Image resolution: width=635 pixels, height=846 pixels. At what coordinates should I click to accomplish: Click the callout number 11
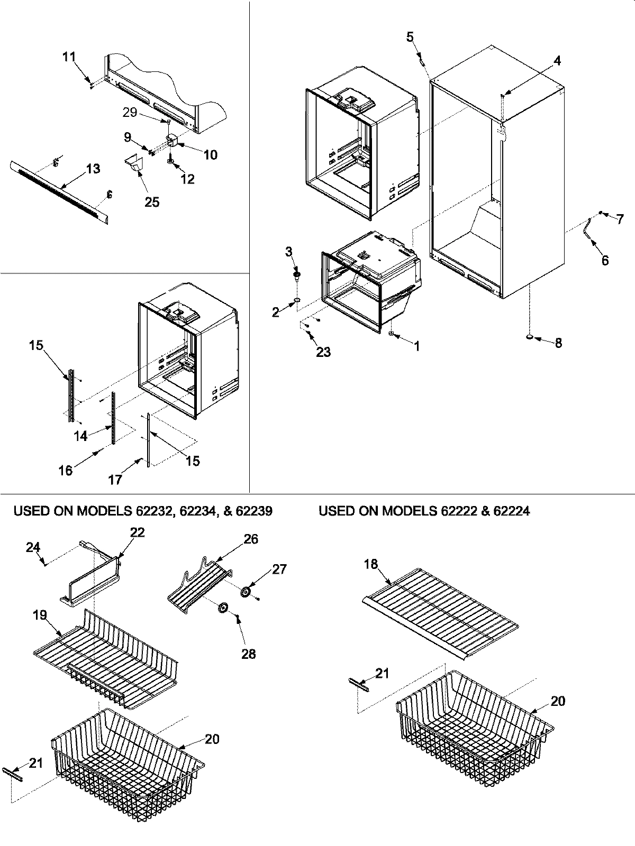pos(69,57)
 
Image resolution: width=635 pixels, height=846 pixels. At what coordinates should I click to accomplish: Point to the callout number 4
pos(557,61)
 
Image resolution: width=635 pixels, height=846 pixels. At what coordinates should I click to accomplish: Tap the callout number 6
pos(605,260)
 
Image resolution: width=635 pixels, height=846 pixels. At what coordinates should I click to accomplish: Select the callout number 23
pos(323,352)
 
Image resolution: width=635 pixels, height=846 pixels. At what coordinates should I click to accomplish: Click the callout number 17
pos(115,480)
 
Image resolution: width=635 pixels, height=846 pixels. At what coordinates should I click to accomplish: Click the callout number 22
pos(137,532)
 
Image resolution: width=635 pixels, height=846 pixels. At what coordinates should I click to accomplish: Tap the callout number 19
pos(39,615)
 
